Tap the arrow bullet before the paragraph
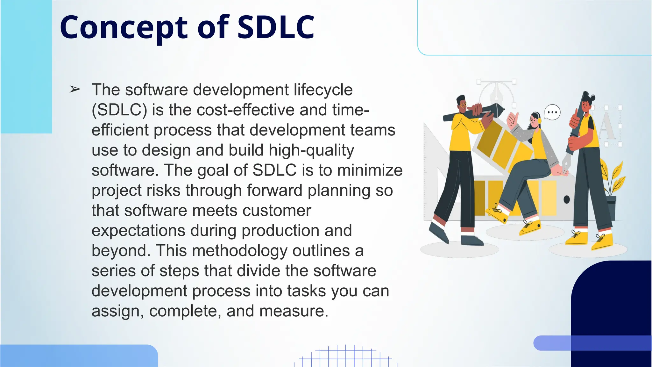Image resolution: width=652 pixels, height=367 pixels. [75, 90]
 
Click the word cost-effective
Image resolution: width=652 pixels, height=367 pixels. [245, 110]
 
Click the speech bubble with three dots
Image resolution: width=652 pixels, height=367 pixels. [552, 112]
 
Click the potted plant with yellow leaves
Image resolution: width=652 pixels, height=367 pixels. [611, 188]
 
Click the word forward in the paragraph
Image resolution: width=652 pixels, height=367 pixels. [274, 191]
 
